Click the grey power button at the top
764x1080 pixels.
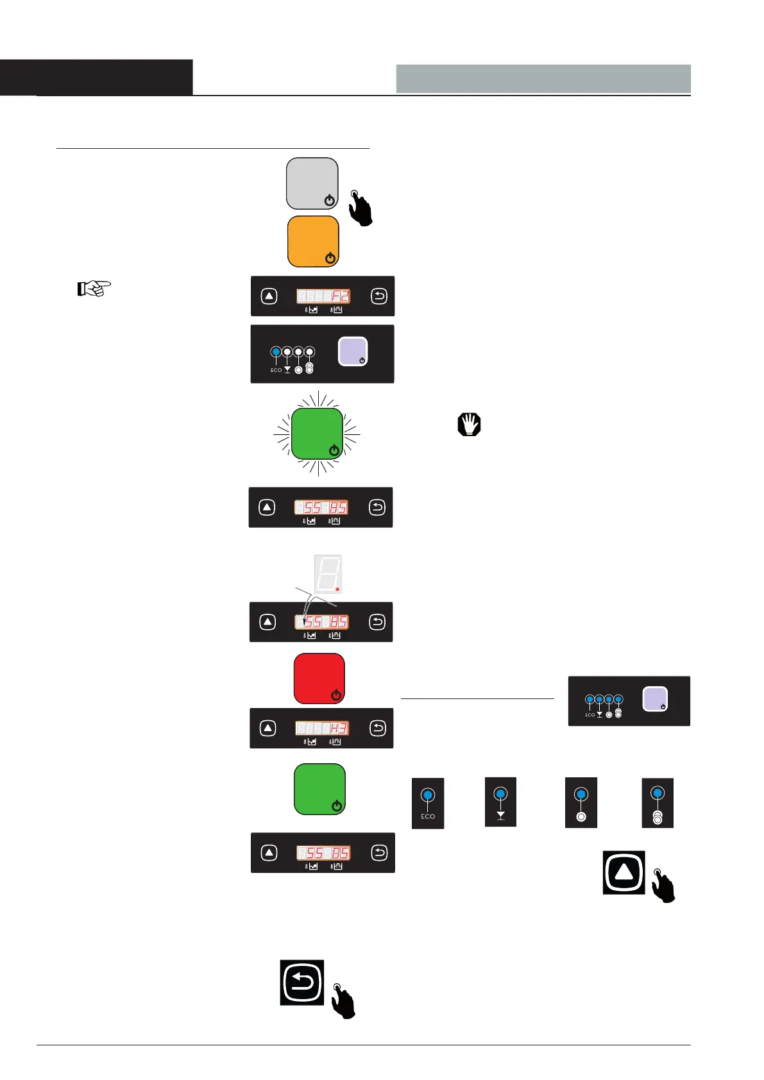(312, 183)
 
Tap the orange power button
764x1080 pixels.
(313, 241)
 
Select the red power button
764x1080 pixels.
(319, 679)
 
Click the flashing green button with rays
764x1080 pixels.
(317, 434)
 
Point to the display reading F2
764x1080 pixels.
(323, 296)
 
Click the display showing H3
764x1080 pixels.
(322, 728)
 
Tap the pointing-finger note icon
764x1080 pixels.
(94, 289)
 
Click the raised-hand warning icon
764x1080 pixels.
(469, 425)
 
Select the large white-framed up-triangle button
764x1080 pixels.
(624, 872)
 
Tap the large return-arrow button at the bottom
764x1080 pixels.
(301, 983)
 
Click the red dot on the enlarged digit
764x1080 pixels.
(337, 588)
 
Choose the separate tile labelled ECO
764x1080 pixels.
(428, 803)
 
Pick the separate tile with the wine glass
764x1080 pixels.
(500, 802)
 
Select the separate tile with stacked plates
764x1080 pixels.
(658, 803)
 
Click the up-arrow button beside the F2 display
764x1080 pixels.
(269, 296)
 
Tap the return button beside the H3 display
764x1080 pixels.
(378, 728)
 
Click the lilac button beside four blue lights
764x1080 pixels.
(655, 699)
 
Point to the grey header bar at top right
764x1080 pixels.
(543, 78)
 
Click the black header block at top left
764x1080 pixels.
(96, 77)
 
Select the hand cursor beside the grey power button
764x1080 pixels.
(361, 208)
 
